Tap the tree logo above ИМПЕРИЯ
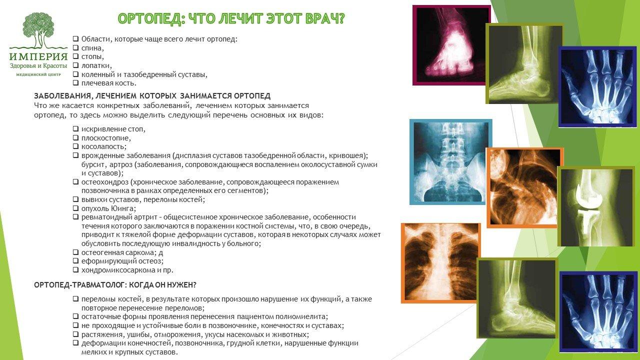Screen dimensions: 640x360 (39, 30)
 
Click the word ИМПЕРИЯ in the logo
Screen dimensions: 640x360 (38, 56)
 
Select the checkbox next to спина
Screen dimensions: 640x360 (75, 47)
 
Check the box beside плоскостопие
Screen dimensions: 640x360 (75, 137)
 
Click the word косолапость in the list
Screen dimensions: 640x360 (103, 146)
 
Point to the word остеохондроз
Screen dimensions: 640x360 (104, 182)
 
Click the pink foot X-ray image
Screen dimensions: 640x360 (451, 45)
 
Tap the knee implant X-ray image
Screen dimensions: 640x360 (596, 207)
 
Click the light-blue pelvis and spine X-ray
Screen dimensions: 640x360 (451, 162)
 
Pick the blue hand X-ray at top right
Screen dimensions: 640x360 (599, 87)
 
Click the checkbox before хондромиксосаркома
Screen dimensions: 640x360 (75, 269)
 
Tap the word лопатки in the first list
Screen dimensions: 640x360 (96, 65)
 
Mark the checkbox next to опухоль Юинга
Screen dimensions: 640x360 (75, 208)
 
